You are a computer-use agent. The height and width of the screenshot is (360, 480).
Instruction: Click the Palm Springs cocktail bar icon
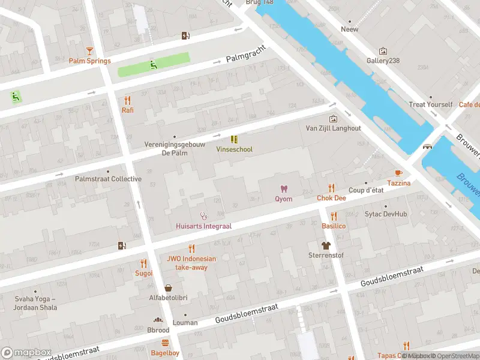click(89, 51)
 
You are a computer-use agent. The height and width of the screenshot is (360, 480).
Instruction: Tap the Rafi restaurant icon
click(127, 100)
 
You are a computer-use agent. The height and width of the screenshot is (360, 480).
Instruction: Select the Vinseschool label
click(235, 149)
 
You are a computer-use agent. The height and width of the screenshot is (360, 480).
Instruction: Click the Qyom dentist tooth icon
click(284, 189)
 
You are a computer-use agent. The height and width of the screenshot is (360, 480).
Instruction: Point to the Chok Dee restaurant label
click(331, 198)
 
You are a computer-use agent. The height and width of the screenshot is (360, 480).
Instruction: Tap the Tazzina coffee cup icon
click(398, 173)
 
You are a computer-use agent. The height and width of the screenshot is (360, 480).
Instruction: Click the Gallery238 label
click(383, 61)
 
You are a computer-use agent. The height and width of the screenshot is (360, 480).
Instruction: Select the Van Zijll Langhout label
click(333, 128)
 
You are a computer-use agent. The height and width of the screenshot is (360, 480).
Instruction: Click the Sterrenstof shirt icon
click(325, 245)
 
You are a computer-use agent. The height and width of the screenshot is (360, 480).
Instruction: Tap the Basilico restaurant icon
click(334, 216)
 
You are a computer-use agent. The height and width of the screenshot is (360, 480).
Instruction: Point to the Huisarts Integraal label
click(203, 226)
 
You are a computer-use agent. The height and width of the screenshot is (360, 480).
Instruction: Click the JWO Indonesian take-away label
click(191, 263)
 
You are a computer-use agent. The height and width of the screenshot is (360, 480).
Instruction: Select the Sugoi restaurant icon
click(143, 263)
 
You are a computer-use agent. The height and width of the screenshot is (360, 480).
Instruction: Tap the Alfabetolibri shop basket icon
click(169, 288)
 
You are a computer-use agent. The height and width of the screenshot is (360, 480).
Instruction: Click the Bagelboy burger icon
click(165, 343)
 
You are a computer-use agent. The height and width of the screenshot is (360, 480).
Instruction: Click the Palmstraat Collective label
click(108, 179)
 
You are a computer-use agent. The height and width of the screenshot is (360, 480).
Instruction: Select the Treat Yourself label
click(430, 104)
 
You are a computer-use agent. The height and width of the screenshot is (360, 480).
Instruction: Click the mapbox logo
click(26, 352)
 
